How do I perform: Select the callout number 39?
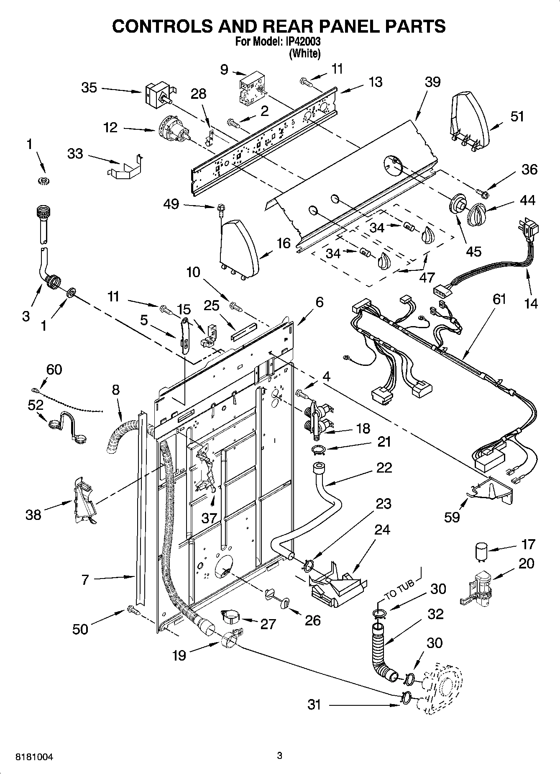(x=432, y=82)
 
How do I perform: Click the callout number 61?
(x=499, y=299)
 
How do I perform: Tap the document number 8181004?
(x=34, y=756)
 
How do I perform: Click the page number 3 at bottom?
(x=280, y=756)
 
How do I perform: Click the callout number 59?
(x=452, y=517)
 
